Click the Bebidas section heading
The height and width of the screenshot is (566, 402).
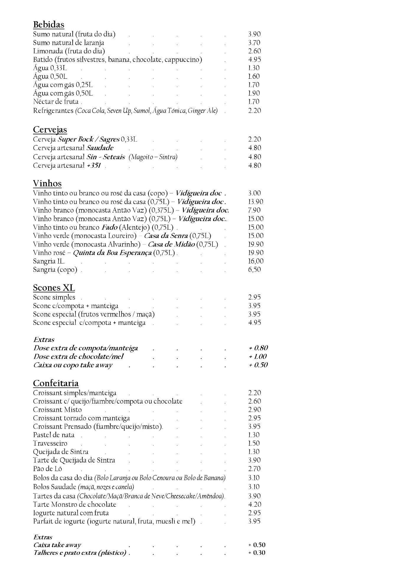tap(48, 24)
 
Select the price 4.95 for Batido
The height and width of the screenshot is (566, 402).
tap(254, 60)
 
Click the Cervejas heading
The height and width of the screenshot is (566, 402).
tap(50, 130)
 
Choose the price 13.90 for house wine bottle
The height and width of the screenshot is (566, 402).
tap(256, 202)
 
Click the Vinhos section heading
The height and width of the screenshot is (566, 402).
tap(47, 184)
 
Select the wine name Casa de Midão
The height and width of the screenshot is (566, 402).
tap(171, 244)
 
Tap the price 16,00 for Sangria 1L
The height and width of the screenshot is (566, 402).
tap(256, 261)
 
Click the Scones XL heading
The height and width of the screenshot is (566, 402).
tap(54, 288)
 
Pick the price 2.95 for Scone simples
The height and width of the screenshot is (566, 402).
tap(254, 297)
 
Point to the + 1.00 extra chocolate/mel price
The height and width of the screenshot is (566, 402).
tap(258, 357)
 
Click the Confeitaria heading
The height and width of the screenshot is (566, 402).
tap(56, 383)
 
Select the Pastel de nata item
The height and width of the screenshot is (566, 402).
tap(54, 435)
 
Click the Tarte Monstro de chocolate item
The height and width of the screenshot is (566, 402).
tap(75, 505)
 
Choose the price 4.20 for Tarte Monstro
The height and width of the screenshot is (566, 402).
tap(254, 505)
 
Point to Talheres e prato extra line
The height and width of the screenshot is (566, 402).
tap(80, 553)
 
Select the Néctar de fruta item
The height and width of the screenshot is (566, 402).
tap(56, 102)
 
